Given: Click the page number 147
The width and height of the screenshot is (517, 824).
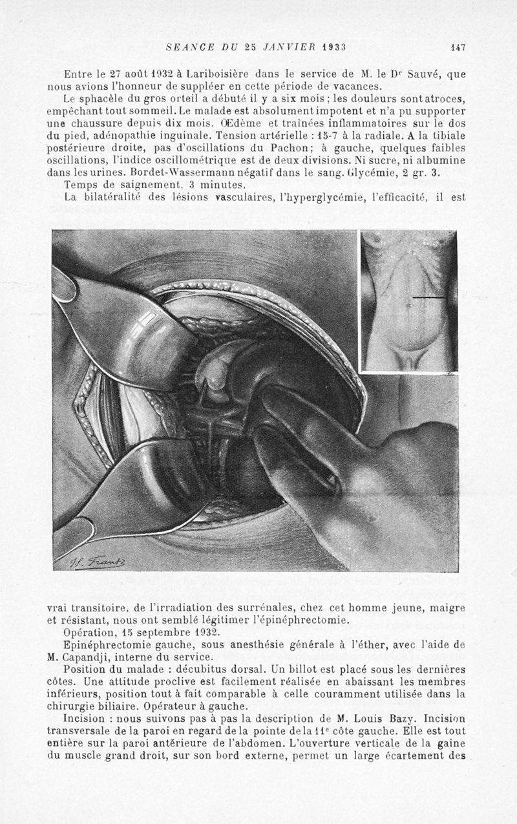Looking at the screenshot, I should [x=458, y=47].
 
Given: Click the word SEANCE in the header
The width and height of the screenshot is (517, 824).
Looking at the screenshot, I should [x=186, y=47].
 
